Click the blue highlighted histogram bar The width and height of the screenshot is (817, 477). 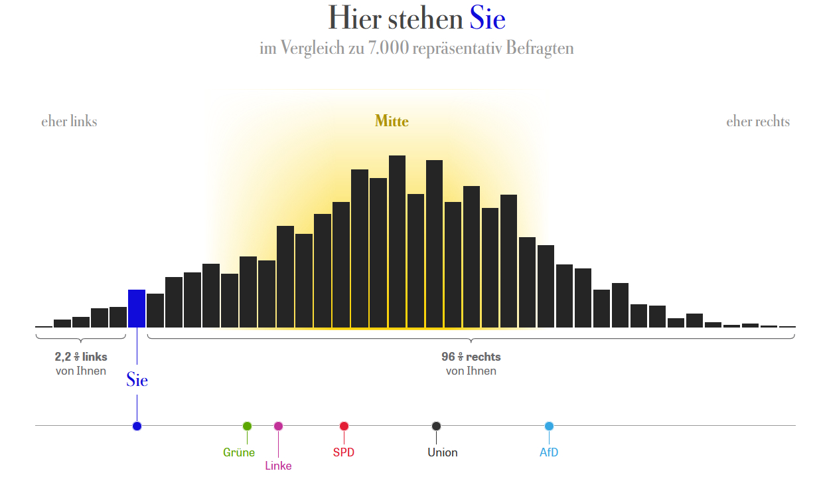pos(137,309)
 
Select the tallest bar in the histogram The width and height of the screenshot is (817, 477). pos(397,242)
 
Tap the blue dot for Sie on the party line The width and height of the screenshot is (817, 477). pos(137,426)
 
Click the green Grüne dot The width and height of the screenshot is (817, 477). pos(247,426)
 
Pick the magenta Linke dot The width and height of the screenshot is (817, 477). pos(278,426)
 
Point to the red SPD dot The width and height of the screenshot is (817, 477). pos(344,426)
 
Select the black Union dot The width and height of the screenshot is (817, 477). pos(436,426)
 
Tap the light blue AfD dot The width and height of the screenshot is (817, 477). pos(549,426)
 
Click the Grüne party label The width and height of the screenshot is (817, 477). pos(239,453)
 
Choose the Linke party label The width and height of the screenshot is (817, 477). pos(278,466)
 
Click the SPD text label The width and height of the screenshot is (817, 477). pos(344,453)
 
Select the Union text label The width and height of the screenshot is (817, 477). pos(443,453)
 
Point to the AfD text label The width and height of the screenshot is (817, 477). pos(549,453)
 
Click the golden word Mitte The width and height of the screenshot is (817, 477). pos(392,122)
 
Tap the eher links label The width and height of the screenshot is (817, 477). pos(69,122)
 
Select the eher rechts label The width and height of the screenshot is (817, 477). pos(758,122)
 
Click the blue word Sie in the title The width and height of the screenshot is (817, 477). pos(488,19)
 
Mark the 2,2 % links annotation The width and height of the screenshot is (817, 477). pos(81,357)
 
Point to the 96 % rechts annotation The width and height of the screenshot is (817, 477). pos(471,357)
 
